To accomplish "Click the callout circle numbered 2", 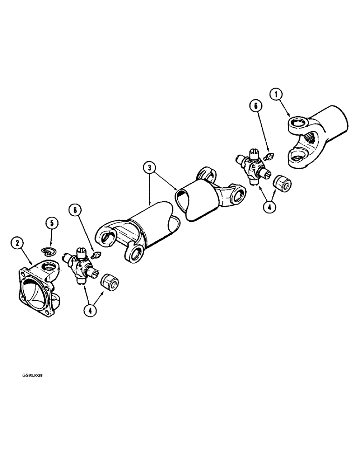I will [17, 242].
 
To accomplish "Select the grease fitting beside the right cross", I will [269, 157].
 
